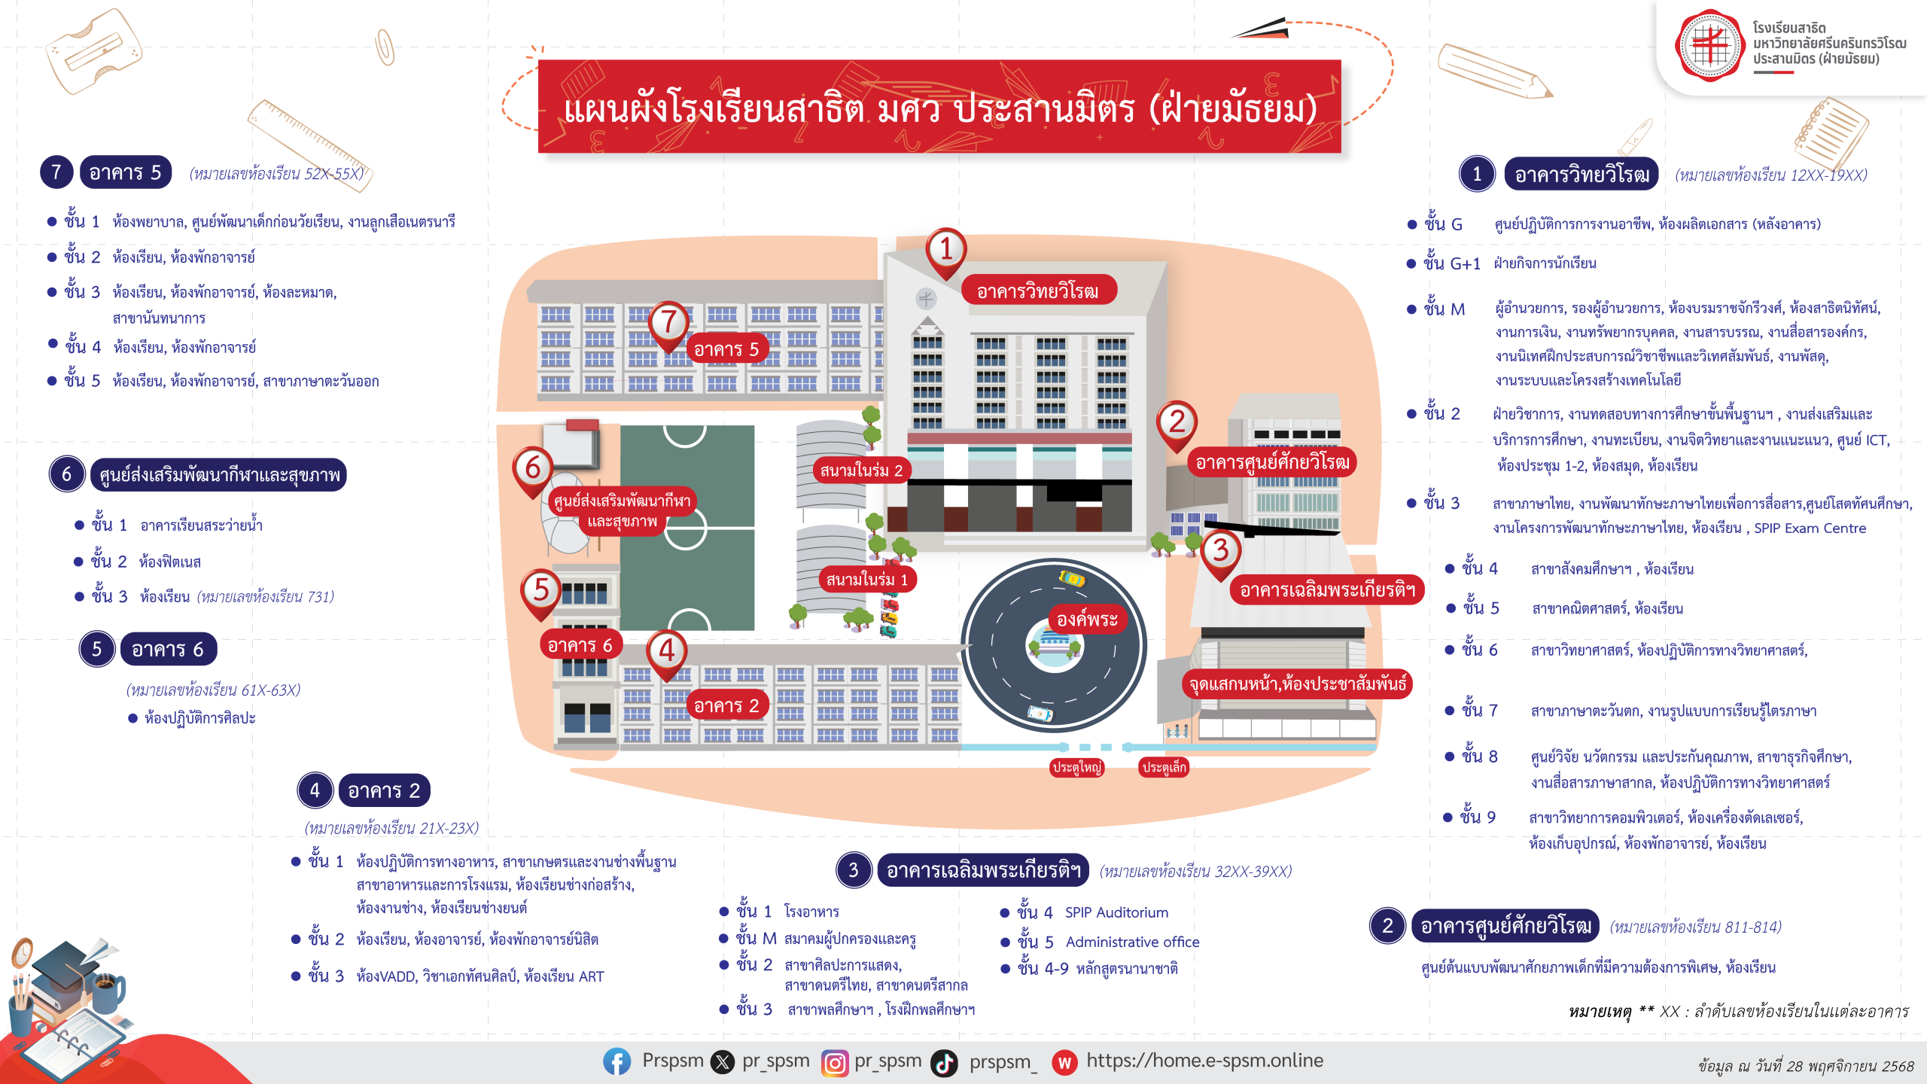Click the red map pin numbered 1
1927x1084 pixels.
click(x=946, y=249)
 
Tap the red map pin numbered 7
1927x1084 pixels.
click(x=668, y=322)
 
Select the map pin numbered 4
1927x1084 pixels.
click(x=667, y=651)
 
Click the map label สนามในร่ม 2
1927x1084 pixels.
click(x=861, y=470)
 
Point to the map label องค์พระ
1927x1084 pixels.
click(x=1087, y=620)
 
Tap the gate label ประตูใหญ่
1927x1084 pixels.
click(x=1076, y=767)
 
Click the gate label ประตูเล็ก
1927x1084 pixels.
click(x=1164, y=767)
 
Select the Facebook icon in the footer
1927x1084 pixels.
click(x=616, y=1062)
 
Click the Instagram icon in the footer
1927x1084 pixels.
click(x=834, y=1063)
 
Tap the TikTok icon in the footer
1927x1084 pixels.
click(x=944, y=1063)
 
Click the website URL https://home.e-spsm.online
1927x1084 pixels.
click(x=1204, y=1061)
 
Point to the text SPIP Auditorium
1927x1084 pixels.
click(x=1116, y=912)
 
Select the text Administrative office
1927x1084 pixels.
click(x=1132, y=942)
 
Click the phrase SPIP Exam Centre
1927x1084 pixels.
click(x=1810, y=528)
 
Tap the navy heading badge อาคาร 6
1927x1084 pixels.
click(x=168, y=650)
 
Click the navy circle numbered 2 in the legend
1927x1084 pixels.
click(x=1387, y=926)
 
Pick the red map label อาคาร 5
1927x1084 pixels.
click(x=726, y=349)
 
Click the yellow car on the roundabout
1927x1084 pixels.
click(x=1072, y=578)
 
